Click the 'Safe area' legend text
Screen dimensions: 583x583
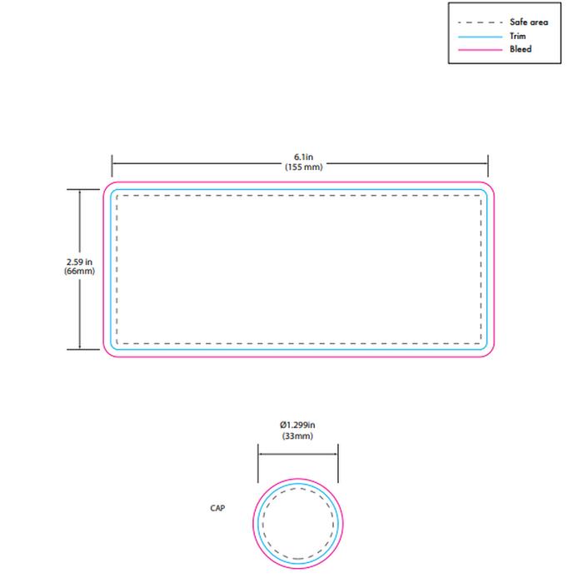coord(529,22)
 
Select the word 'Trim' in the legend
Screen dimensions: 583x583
coord(517,36)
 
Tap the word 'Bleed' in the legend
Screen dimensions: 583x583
coord(521,49)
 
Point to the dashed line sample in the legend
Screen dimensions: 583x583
coord(480,22)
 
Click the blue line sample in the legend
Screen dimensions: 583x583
coord(480,37)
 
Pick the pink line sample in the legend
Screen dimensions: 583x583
coord(480,49)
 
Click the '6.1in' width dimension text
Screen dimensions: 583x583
coord(303,157)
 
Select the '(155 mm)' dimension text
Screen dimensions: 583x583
coord(304,167)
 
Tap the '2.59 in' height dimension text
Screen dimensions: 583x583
coord(79,262)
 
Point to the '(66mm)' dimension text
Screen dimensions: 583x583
coord(79,271)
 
